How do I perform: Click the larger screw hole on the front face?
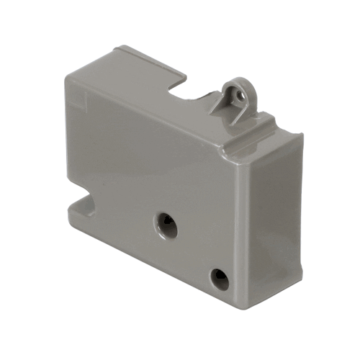point(166,224)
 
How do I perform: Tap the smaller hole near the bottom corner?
point(219,279)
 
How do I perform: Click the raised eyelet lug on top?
point(236,95)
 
